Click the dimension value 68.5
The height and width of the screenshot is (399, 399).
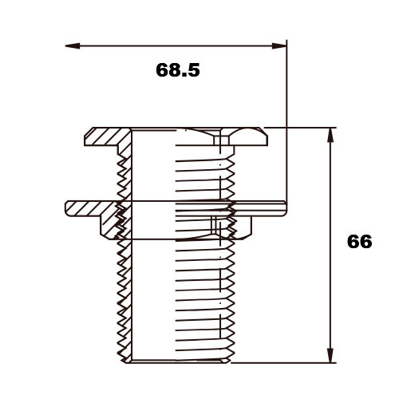pyautogui.click(x=178, y=70)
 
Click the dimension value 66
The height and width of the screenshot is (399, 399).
pyautogui.click(x=359, y=242)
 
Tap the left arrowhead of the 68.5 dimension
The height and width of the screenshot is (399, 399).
pyautogui.click(x=73, y=46)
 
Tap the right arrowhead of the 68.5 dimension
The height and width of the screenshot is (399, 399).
pyautogui.click(x=279, y=46)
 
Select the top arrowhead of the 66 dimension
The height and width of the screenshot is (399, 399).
pyautogui.click(x=330, y=135)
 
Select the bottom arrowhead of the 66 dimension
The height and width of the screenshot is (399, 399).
pyautogui.click(x=330, y=355)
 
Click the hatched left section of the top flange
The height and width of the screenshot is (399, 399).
pyautogui.click(x=105, y=136)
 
